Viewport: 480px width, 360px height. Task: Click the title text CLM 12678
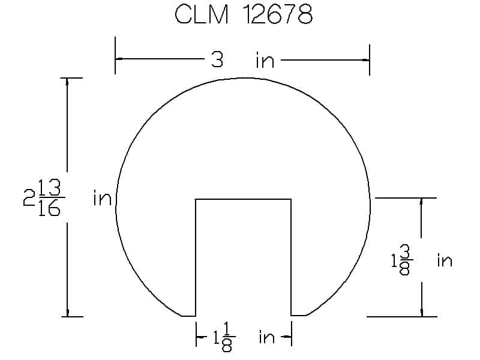(244, 14)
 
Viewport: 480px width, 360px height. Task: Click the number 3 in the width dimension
(217, 59)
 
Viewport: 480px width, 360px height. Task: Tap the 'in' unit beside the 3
(265, 61)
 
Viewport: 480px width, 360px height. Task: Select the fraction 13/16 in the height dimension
(50, 198)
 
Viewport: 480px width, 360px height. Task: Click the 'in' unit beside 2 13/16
(102, 198)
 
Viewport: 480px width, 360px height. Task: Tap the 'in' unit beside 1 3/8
(445, 260)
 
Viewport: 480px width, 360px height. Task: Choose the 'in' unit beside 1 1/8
(266, 337)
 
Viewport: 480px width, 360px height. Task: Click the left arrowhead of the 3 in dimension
(119, 58)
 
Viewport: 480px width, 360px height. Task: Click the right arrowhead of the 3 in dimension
(365, 60)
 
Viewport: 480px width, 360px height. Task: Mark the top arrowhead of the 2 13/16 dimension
(67, 82)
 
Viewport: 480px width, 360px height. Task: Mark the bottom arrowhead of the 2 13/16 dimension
(67, 313)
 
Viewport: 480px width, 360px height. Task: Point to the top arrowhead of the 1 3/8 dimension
(422, 202)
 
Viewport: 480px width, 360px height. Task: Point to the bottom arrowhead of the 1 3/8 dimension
(422, 313)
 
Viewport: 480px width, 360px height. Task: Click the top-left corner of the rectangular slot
(196, 199)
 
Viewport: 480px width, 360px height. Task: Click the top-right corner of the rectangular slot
(291, 199)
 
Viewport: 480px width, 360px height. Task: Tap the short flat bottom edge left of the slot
(188, 316)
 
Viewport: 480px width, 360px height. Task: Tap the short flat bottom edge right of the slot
(298, 315)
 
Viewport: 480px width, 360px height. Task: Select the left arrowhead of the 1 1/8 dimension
(200, 337)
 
